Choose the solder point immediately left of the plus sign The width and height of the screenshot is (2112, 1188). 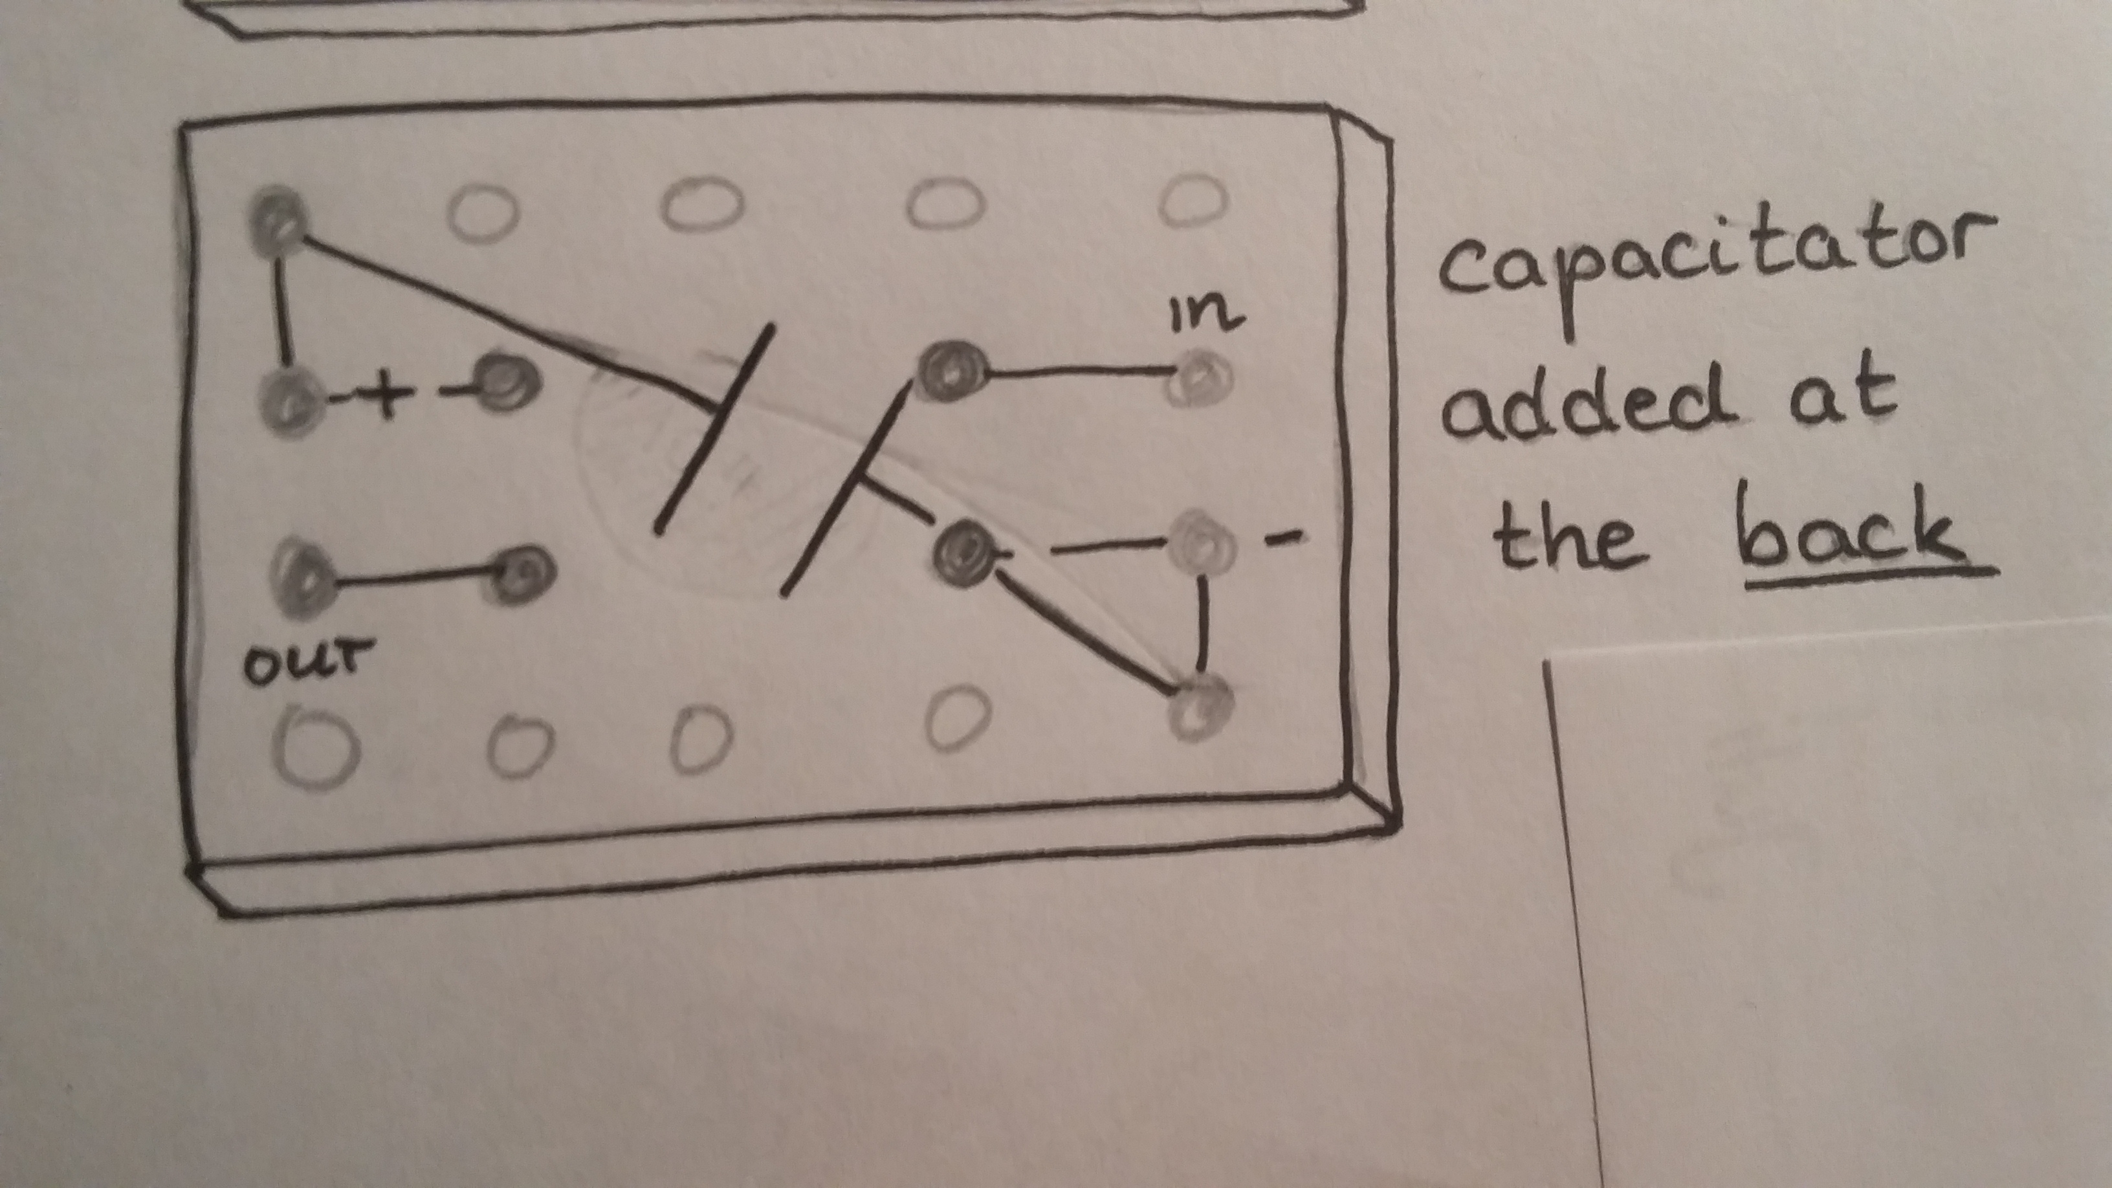289,401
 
